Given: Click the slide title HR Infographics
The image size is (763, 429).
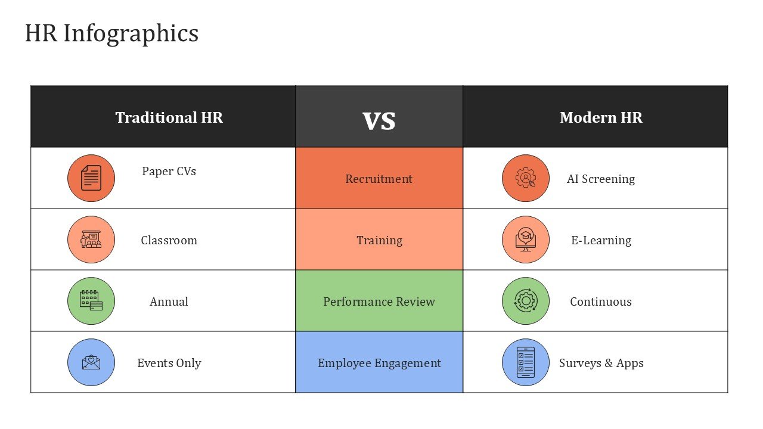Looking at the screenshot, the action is click(x=111, y=34).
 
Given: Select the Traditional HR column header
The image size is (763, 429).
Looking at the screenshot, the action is click(x=169, y=117).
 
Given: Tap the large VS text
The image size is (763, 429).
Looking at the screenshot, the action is click(x=379, y=121).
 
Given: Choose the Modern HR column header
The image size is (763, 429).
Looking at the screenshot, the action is click(x=601, y=117).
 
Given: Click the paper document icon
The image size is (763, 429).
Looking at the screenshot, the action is click(x=91, y=178).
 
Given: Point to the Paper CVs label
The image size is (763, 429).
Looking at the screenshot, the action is click(x=169, y=171).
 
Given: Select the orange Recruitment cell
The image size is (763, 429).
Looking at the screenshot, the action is click(x=379, y=178).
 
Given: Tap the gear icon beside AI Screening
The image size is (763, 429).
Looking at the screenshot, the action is click(x=526, y=178).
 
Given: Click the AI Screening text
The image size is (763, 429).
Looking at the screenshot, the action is click(x=601, y=179).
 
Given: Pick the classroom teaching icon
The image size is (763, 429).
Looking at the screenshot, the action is click(x=91, y=240).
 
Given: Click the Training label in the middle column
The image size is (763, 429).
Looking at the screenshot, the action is click(x=380, y=240).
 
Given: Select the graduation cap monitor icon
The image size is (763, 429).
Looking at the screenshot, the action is click(x=526, y=240).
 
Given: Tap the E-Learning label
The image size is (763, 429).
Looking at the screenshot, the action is click(x=601, y=240).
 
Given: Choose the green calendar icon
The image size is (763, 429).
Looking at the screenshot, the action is click(x=91, y=301).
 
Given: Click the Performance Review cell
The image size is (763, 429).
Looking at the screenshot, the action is click(x=379, y=301).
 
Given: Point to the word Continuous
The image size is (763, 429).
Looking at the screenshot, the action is click(x=601, y=301).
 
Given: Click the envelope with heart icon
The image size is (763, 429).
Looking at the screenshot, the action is click(x=91, y=362).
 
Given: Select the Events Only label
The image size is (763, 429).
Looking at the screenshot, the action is click(x=169, y=363).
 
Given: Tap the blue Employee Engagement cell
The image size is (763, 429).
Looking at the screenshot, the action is click(x=379, y=362).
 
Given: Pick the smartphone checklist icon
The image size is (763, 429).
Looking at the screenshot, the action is click(x=526, y=362).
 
